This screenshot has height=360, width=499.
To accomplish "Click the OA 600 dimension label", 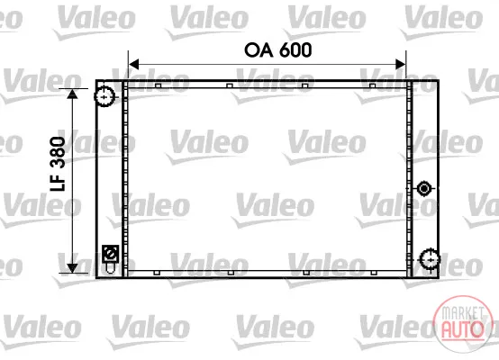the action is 277,50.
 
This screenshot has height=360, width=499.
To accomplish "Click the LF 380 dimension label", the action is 58,164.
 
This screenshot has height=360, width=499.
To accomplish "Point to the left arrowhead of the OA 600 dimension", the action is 133,64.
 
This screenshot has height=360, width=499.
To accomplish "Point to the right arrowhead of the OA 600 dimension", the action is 400,64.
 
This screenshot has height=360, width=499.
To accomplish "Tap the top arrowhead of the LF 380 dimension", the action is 73,94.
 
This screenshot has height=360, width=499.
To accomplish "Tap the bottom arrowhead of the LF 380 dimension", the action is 73,268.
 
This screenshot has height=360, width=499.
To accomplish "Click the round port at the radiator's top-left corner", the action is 104,96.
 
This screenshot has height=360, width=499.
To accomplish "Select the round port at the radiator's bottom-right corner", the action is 430,260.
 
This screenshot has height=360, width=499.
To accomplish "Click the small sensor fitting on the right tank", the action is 424,189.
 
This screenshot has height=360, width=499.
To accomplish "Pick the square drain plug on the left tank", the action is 111,254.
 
